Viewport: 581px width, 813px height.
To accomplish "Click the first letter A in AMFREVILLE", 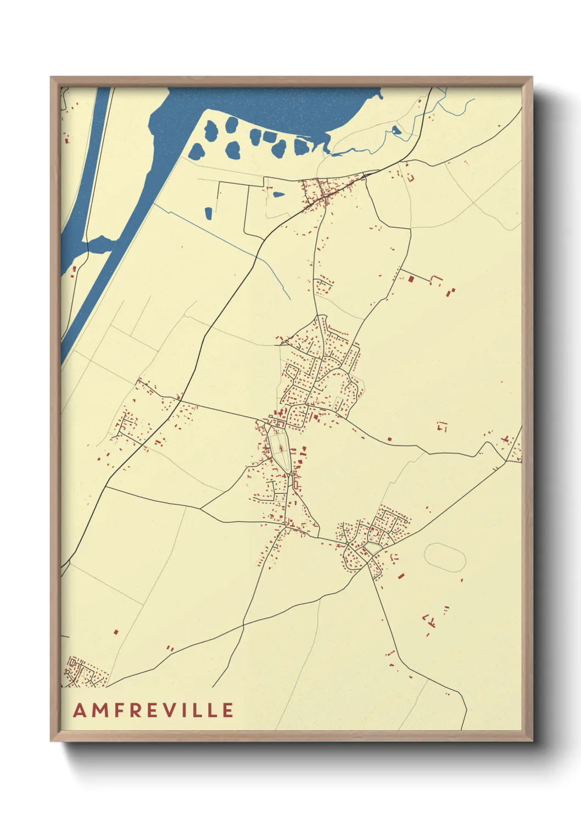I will (80, 710).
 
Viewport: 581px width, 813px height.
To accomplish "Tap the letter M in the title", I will (100, 710).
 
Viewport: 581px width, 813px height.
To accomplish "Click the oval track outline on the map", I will (445, 558).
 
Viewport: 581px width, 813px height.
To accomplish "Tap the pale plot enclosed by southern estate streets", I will (374, 548).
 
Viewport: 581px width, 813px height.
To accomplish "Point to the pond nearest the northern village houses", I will (279, 194).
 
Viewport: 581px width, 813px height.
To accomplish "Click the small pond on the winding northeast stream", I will (396, 131).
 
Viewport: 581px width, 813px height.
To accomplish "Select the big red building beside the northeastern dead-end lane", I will (411, 279).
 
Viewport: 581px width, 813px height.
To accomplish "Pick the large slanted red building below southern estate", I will (401, 576).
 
